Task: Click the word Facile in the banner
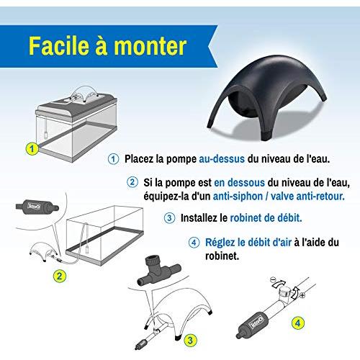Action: (59, 46)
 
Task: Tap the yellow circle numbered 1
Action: (32, 149)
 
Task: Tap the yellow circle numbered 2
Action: (59, 276)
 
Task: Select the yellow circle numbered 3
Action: (190, 340)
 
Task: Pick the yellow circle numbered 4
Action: (298, 323)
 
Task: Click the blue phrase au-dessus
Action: (222, 159)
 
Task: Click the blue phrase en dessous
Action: (239, 183)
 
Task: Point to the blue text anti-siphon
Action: (238, 197)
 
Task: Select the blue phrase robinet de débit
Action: (266, 218)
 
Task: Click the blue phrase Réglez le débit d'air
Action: (248, 243)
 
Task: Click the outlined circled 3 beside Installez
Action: (169, 218)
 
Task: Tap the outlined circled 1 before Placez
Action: (113, 159)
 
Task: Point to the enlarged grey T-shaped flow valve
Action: (159, 271)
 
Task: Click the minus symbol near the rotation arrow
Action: (272, 279)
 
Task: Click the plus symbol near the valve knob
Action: (302, 295)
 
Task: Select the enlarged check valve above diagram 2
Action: (37, 206)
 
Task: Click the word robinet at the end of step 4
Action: (222, 256)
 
